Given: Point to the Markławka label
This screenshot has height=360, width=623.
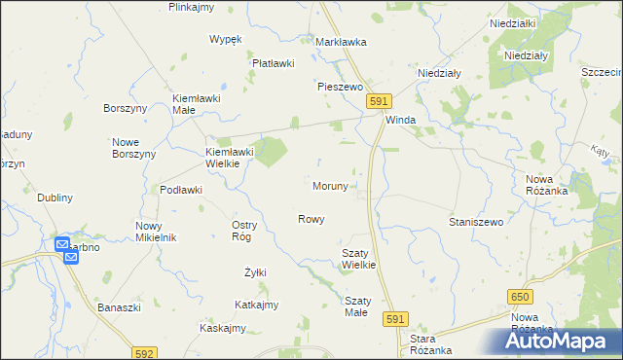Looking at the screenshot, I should (341, 42).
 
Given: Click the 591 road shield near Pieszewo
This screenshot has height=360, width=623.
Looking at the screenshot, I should (380, 101).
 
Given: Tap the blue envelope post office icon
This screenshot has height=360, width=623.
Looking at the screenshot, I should (62, 245).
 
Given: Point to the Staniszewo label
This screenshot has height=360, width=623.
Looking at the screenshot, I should (475, 223).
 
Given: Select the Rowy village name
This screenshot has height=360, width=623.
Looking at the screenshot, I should (311, 219).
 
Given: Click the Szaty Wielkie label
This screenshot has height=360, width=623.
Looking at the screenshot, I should (358, 258).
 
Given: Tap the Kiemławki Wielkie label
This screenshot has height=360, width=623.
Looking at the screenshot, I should (229, 158).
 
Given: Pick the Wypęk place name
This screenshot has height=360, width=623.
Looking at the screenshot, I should (225, 39).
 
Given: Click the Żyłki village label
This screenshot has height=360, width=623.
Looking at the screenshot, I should (255, 271).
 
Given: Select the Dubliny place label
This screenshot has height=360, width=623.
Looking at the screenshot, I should (55, 198).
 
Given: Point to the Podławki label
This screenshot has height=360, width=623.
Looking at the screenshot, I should (181, 190).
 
